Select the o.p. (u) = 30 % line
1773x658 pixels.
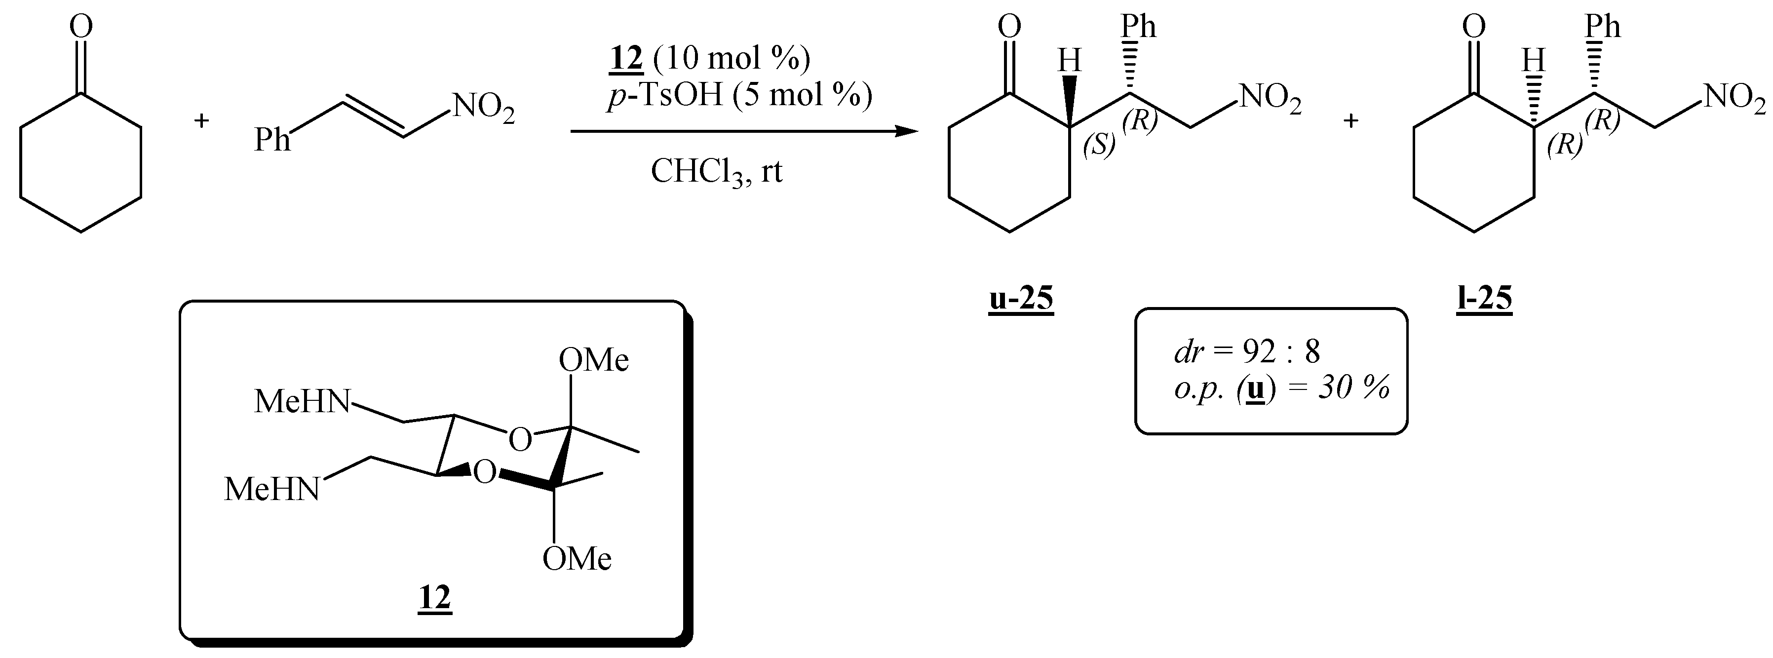pos(1281,389)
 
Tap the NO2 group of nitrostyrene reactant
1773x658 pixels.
pos(482,110)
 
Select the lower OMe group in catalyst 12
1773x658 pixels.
pos(577,559)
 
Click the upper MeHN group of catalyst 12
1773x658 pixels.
pos(302,402)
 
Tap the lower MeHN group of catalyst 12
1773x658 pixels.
pos(272,489)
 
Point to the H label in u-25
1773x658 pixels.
pos(1069,61)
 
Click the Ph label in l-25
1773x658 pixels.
pos(1604,28)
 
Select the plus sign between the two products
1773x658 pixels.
pos(1351,121)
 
